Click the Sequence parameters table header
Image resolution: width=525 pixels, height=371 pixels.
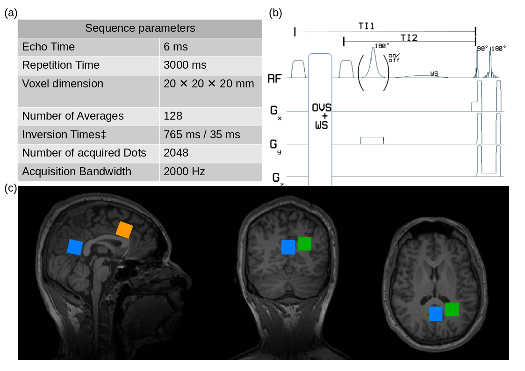[140, 29]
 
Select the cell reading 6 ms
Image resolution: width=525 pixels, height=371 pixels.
[175, 47]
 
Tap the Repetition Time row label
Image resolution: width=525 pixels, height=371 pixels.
[61, 65]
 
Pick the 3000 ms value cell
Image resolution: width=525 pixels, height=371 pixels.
[185, 65]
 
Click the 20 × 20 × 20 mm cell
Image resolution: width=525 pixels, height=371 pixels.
[209, 84]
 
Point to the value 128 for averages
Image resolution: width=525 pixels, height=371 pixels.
[173, 116]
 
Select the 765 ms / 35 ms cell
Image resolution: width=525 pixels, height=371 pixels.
[201, 135]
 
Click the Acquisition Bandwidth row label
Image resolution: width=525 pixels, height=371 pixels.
[77, 171]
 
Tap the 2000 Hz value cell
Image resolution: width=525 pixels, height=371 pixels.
[184, 171]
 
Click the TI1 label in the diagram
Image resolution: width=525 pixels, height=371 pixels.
[366, 27]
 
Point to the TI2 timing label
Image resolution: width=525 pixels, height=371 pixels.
[409, 37]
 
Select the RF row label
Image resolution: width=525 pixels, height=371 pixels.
[274, 78]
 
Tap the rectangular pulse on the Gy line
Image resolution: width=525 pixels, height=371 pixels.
[372, 140]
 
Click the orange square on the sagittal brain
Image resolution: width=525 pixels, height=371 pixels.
[124, 230]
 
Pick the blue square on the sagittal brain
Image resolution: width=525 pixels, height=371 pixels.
[75, 247]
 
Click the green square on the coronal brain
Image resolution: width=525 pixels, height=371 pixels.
[304, 243]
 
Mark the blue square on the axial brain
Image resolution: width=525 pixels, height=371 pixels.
[435, 314]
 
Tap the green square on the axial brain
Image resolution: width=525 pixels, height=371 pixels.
[452, 309]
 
